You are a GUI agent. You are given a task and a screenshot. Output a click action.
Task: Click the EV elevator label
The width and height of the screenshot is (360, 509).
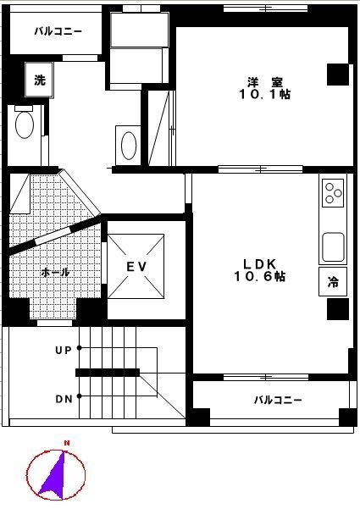point(136,267)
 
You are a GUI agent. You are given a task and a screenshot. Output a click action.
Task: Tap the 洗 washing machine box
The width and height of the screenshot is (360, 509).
point(39,80)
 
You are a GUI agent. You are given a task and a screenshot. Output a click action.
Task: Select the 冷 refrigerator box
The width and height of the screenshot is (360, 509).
point(333,281)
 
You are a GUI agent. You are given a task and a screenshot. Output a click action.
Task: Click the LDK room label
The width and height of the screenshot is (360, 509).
point(260,263)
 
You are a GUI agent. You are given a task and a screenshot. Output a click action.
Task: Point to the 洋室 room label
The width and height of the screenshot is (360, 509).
point(265,82)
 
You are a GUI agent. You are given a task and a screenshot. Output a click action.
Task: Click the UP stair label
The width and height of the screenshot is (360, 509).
point(63,351)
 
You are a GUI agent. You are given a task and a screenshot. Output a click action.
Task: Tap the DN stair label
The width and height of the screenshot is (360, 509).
point(64,399)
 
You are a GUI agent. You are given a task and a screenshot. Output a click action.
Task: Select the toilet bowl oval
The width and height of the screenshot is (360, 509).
point(25,125)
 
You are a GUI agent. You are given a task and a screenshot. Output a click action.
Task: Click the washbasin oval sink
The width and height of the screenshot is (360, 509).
point(129,146)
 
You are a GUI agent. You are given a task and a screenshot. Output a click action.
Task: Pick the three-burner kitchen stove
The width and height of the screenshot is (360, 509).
point(333,193)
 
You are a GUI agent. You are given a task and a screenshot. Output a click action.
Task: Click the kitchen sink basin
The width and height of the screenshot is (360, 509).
point(333,246)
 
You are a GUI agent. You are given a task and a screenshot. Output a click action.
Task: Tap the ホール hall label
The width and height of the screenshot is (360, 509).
point(55,272)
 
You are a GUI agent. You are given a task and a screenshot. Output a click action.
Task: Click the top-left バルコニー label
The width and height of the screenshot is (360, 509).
point(58,31)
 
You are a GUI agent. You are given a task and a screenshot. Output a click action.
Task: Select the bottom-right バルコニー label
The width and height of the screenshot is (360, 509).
point(278,400)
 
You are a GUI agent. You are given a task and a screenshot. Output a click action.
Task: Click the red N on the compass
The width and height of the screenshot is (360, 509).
point(67,443)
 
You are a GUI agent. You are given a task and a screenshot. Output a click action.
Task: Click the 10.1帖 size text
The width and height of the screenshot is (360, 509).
point(264,94)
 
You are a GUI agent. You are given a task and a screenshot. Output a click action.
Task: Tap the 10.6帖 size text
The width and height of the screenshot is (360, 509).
point(260,276)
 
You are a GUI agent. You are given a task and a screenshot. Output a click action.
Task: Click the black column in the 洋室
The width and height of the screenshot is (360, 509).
point(338,75)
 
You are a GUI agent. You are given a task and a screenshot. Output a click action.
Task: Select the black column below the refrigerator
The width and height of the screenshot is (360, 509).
point(338,309)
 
